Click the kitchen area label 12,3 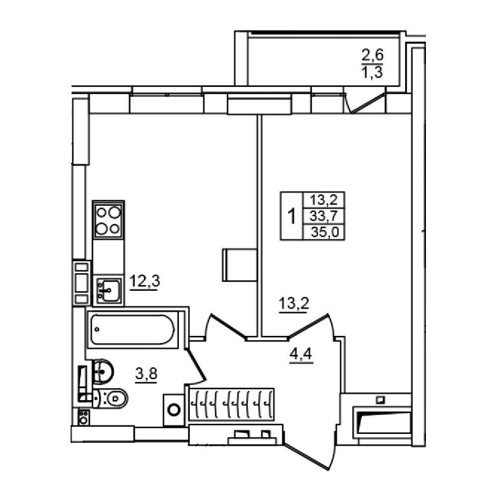[x=145, y=281]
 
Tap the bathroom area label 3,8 [x=146, y=374]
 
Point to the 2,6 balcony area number [x=372, y=55]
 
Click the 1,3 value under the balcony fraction [x=372, y=72]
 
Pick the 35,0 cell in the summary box [x=325, y=232]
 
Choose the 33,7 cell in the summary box [x=324, y=216]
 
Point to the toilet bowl [x=111, y=398]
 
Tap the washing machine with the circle [x=173, y=410]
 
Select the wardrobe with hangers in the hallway [x=231, y=404]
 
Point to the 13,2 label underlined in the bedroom [x=294, y=304]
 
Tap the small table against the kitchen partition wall [x=240, y=265]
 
